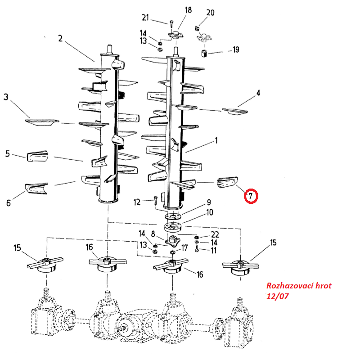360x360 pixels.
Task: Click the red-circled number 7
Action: [251, 196]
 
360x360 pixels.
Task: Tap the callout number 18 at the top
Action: [188, 10]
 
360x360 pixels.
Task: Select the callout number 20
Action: [211, 12]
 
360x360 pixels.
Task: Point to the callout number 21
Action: [145, 18]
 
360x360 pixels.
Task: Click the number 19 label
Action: [235, 49]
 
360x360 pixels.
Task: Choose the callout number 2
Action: [60, 38]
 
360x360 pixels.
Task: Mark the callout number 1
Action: [216, 141]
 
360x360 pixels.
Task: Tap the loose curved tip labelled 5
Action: [37, 157]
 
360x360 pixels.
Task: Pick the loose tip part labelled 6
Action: [36, 188]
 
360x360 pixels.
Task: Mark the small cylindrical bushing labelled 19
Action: [204, 55]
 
